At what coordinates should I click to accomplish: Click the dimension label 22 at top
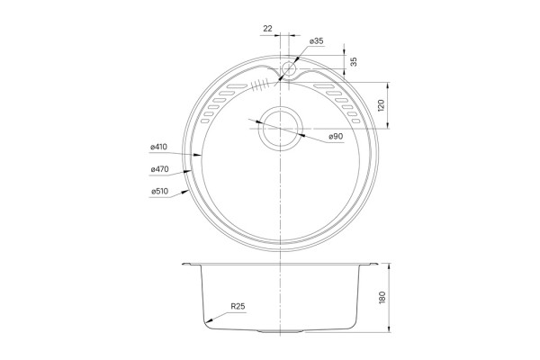click(x=267, y=29)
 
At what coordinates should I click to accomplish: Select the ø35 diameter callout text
click(x=317, y=41)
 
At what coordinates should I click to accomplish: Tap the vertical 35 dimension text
click(x=354, y=62)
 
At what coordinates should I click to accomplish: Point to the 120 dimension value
click(x=381, y=105)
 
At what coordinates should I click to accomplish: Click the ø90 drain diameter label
click(x=336, y=137)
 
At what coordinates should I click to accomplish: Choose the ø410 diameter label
click(x=158, y=147)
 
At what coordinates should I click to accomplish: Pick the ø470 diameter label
click(x=159, y=169)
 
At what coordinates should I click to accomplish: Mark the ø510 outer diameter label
click(x=160, y=191)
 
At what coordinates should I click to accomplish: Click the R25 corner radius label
click(x=238, y=306)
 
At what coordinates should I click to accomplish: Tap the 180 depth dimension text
click(x=382, y=297)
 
